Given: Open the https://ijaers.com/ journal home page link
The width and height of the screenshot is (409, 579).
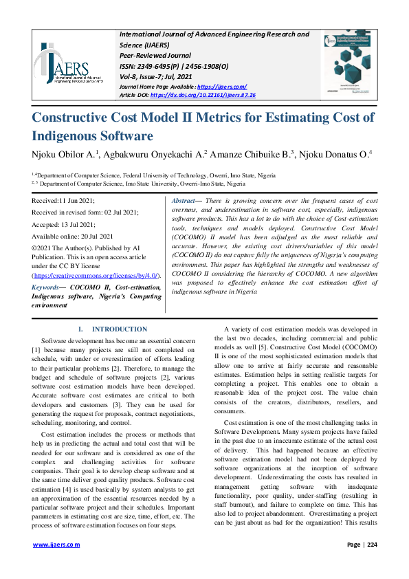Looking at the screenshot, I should pos(221,86).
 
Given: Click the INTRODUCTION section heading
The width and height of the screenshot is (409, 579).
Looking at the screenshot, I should pos(119,329).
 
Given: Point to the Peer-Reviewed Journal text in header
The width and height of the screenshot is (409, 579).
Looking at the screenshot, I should pos(155,55).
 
